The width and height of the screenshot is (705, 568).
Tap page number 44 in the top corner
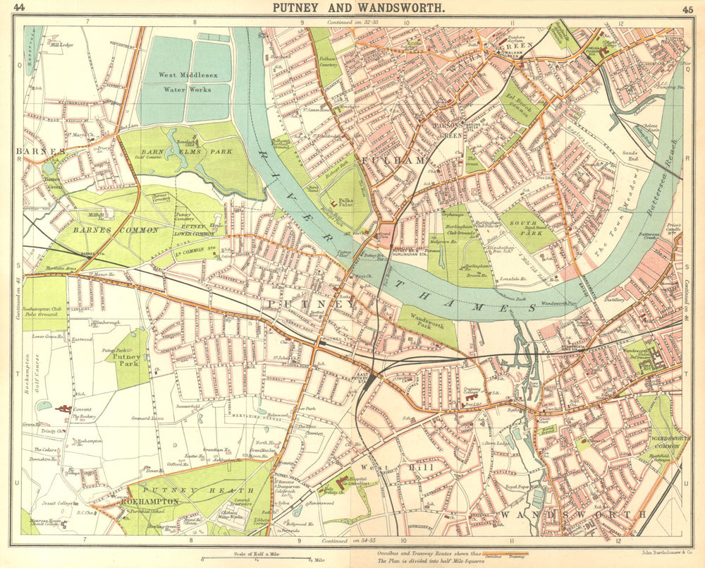click(x=20, y=8)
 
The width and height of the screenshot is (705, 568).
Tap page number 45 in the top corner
click(x=687, y=9)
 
